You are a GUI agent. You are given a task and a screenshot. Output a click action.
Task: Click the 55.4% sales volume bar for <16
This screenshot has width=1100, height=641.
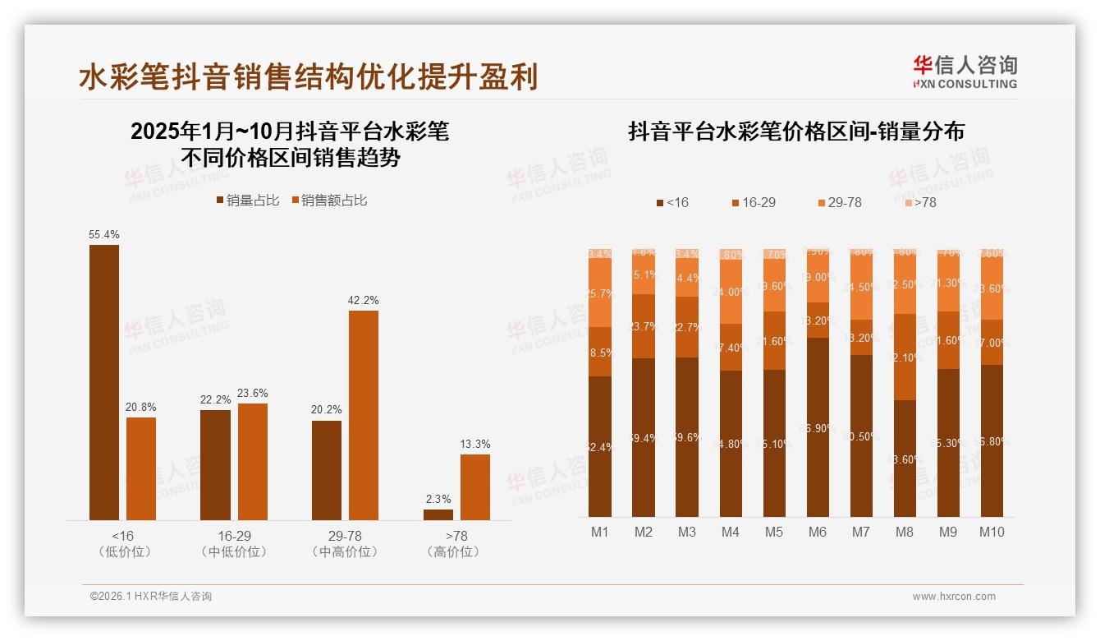click(x=104, y=382)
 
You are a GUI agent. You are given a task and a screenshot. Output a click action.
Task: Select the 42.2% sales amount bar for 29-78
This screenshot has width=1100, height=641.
click(x=364, y=415)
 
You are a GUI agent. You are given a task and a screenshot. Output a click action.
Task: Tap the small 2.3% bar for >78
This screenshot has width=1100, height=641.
click(x=438, y=514)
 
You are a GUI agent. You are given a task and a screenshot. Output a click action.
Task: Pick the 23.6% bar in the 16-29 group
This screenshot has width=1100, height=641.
click(x=253, y=461)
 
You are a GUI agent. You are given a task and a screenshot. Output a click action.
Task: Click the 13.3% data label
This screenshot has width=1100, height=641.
click(x=475, y=445)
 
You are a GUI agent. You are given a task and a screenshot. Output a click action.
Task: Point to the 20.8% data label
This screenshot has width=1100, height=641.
click(x=141, y=407)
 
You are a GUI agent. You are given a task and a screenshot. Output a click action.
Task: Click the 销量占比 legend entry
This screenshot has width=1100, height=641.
click(x=247, y=200)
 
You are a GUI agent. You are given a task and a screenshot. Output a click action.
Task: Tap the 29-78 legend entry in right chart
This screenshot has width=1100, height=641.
click(x=839, y=202)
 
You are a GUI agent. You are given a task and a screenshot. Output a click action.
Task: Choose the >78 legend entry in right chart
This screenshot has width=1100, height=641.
click(x=919, y=202)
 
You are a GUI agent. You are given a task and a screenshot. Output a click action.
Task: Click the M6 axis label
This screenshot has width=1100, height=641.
click(x=818, y=532)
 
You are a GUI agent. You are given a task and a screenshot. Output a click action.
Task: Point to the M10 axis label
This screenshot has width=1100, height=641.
click(x=992, y=532)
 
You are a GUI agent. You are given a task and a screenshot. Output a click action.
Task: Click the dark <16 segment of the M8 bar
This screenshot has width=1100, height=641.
click(x=905, y=458)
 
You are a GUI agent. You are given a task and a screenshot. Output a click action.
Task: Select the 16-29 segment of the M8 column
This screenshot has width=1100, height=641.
click(x=905, y=357)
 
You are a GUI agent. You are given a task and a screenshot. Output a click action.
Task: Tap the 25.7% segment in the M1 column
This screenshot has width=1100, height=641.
click(x=600, y=293)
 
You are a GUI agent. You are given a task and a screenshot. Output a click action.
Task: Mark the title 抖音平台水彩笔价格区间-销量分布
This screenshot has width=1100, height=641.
click(x=795, y=131)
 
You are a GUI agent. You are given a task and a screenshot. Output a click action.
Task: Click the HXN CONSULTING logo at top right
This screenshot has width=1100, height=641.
click(x=965, y=71)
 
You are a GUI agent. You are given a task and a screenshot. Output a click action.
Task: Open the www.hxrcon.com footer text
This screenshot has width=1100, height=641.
click(x=954, y=597)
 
